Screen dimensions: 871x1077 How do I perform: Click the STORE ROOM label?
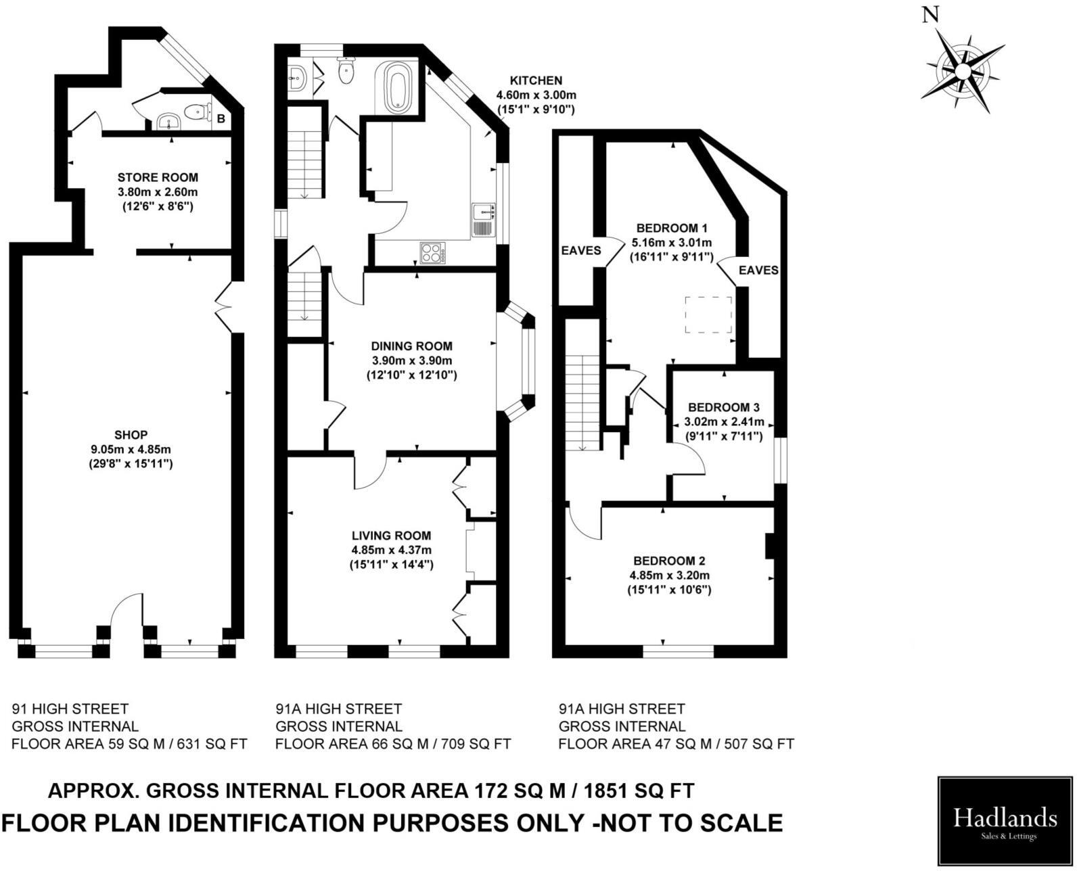pyautogui.click(x=158, y=177)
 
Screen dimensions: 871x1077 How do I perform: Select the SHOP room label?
pyautogui.click(x=131, y=434)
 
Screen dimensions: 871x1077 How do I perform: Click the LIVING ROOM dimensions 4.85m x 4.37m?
pyautogui.click(x=390, y=550)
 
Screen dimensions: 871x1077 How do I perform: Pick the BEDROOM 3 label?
pyautogui.click(x=723, y=407)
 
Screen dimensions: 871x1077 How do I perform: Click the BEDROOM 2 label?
pyautogui.click(x=669, y=561)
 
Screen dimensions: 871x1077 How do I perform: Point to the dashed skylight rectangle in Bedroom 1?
pyautogui.click(x=708, y=314)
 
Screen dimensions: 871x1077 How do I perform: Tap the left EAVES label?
pyautogui.click(x=580, y=250)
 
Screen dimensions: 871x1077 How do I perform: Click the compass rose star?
pyautogui.click(x=962, y=70)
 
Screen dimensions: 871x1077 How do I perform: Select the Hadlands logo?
pyautogui.click(x=1004, y=820)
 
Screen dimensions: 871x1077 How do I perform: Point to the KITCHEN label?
pyautogui.click(x=536, y=80)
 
